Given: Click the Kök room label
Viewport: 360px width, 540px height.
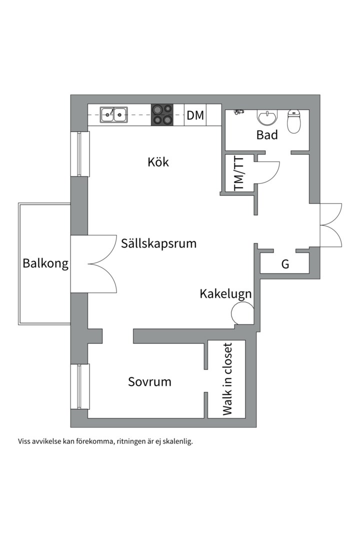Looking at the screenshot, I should (x=158, y=162).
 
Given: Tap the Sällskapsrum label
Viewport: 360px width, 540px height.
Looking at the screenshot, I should (x=158, y=243).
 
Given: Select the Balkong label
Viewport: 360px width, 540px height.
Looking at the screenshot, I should (x=45, y=263).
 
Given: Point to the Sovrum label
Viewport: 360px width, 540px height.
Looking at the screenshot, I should (x=149, y=382).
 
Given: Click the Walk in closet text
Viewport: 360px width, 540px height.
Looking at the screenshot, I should (x=227, y=379).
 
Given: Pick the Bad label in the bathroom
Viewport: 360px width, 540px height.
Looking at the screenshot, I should (x=267, y=134).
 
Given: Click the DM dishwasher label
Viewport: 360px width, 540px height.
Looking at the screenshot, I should (x=195, y=115).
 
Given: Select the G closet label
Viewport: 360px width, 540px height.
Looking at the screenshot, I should (x=285, y=264).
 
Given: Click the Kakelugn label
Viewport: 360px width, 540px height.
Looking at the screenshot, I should (x=225, y=293).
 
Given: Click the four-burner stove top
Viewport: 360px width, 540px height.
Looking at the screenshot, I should (x=162, y=115).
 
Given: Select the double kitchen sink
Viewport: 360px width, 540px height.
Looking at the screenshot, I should (x=113, y=115).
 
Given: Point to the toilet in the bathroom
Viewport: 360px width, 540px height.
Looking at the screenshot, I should (x=294, y=121).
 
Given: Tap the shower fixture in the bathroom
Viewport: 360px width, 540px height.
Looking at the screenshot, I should (x=238, y=112).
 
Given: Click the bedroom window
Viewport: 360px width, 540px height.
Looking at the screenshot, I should (x=79, y=386).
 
